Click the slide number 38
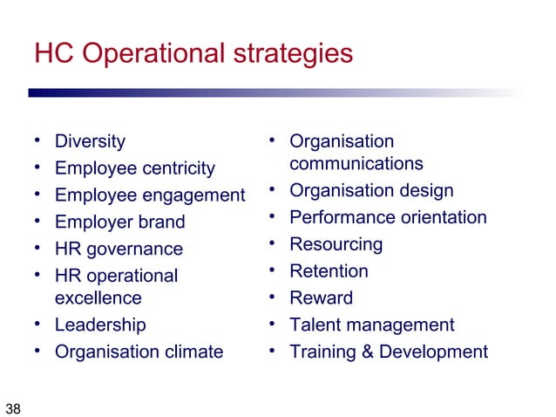[x=13, y=407]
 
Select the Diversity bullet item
[x=90, y=141]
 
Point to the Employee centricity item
[x=134, y=167]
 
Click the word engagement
[x=193, y=195]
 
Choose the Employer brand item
[x=119, y=222]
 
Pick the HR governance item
[x=119, y=249]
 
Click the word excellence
[x=98, y=298]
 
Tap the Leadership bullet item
[x=100, y=325]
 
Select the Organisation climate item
[x=139, y=352]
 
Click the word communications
[x=356, y=164]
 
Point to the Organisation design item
[x=371, y=191]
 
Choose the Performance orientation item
[x=388, y=217]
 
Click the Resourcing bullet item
[x=336, y=244]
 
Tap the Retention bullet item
[x=329, y=271]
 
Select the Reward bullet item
[x=321, y=298]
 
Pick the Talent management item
[x=371, y=325]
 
